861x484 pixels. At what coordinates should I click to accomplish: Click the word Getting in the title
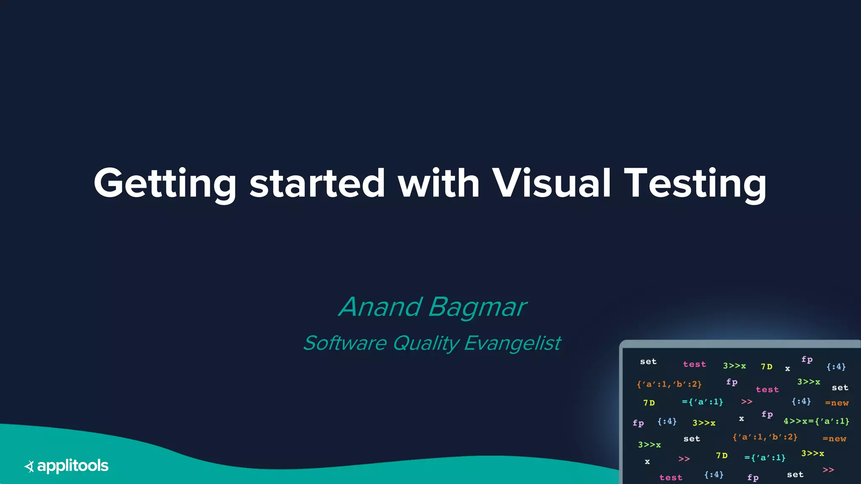pyautogui.click(x=165, y=184)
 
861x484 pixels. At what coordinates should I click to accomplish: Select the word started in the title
pyautogui.click(x=317, y=184)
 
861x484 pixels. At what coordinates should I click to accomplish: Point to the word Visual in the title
pyautogui.click(x=551, y=184)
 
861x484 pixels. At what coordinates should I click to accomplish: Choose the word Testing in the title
pyautogui.click(x=695, y=184)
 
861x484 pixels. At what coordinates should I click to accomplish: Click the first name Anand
pyautogui.click(x=380, y=307)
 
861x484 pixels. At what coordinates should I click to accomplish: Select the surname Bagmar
pyautogui.click(x=477, y=307)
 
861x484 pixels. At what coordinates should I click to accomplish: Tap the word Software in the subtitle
pyautogui.click(x=345, y=343)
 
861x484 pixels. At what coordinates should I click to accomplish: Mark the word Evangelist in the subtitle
pyautogui.click(x=512, y=343)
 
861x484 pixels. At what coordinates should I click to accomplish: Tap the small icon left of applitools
pyautogui.click(x=29, y=466)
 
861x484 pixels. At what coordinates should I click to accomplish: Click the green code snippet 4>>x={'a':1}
pyautogui.click(x=816, y=421)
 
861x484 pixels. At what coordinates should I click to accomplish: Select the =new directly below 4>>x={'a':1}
pyautogui.click(x=834, y=439)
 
